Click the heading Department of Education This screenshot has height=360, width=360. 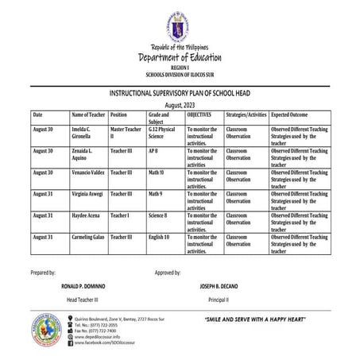(180, 57)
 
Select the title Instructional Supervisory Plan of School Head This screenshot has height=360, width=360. (180, 94)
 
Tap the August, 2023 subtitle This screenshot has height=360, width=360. (180, 105)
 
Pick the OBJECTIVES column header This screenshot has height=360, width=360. (199, 115)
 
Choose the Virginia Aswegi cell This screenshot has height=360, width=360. (91, 193)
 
